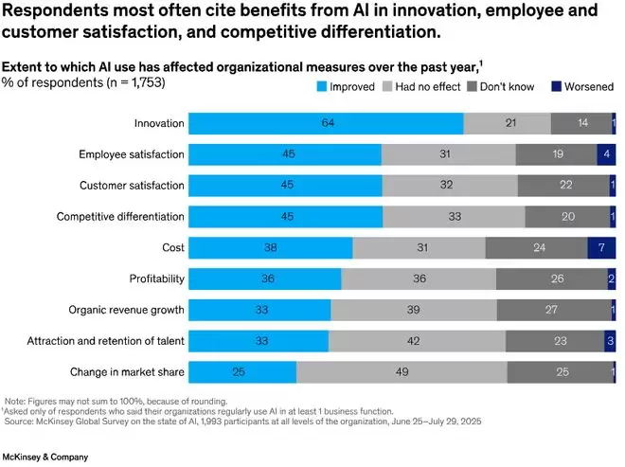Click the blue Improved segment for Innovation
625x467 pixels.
326,123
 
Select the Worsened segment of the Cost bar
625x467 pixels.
602,248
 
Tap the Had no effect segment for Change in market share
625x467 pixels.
402,372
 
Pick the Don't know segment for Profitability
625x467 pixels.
551,279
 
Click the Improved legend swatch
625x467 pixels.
320,87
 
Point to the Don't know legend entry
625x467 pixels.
502,87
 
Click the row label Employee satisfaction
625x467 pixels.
131,154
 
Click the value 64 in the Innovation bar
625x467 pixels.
326,123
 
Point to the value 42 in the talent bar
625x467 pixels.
417,341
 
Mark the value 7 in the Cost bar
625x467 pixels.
602,248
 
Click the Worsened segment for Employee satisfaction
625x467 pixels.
606,154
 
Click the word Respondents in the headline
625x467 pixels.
59,13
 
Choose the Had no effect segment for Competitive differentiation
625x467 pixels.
454,217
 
